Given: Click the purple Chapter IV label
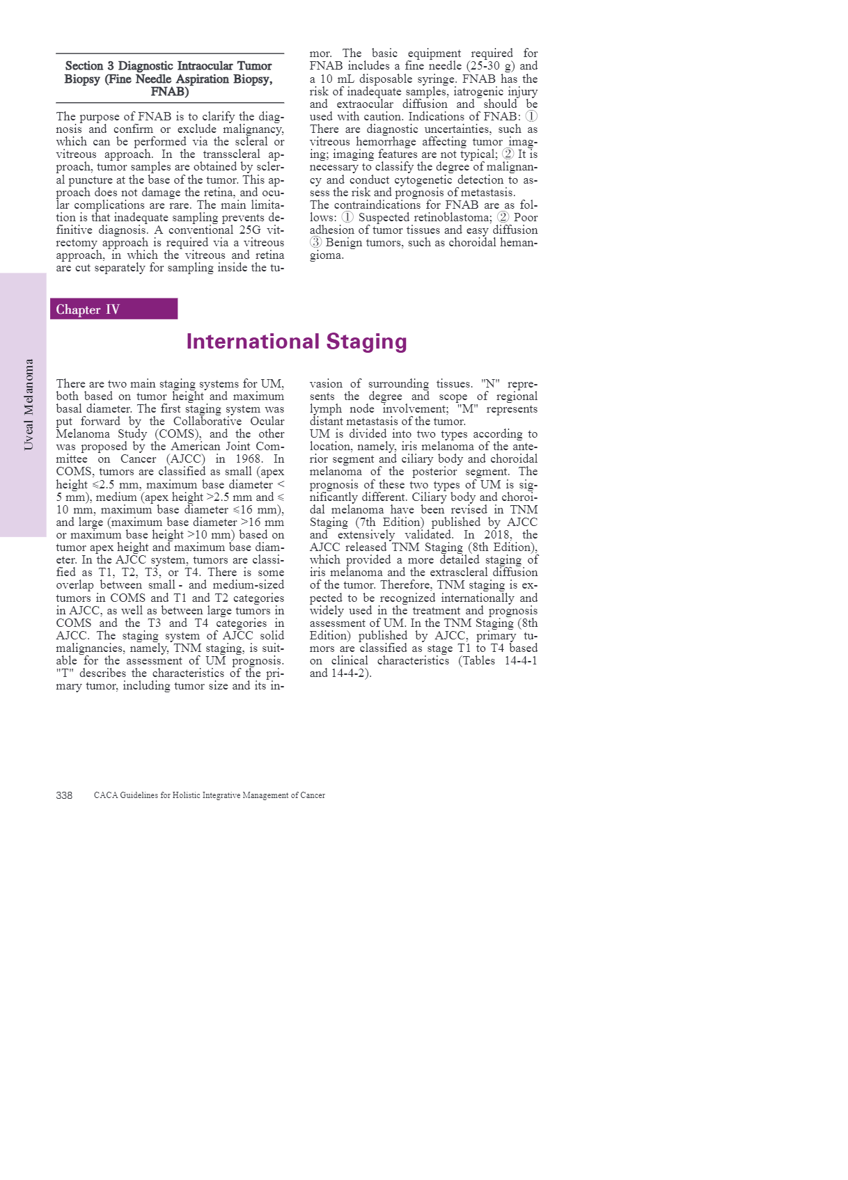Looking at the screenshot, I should pyautogui.click(x=88, y=310).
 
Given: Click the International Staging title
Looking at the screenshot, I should pyautogui.click(x=296, y=342).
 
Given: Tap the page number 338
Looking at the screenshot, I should pyautogui.click(x=64, y=795).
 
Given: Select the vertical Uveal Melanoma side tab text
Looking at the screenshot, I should pyautogui.click(x=29, y=404).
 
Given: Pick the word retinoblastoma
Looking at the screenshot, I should pyautogui.click(x=446, y=218).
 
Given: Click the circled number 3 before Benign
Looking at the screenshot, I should pyautogui.click(x=316, y=243).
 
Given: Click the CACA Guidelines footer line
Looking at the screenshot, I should pyautogui.click(x=209, y=795).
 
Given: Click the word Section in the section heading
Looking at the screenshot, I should pyautogui.click(x=84, y=66).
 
